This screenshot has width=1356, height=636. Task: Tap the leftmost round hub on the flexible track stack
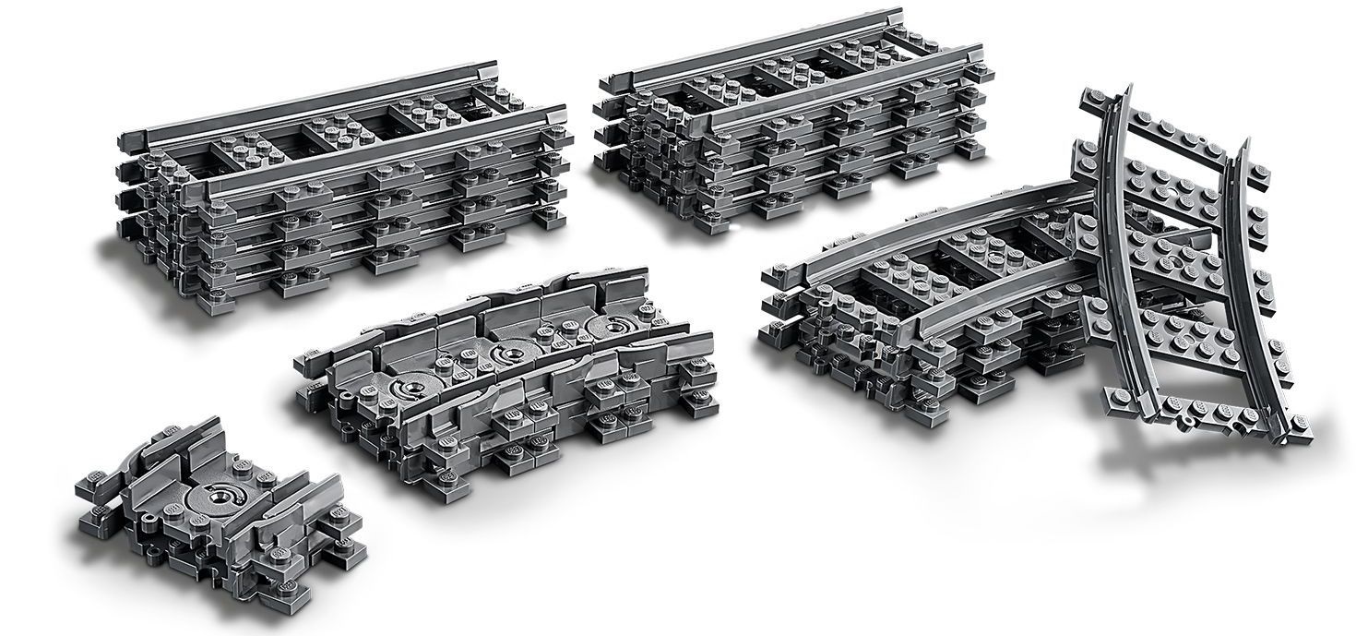pos(411,387)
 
